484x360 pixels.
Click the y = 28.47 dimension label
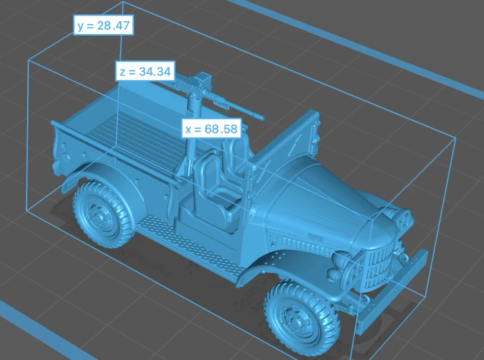103,25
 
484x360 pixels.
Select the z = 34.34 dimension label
145,71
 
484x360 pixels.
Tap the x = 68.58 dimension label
212,128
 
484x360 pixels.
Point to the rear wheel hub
99,216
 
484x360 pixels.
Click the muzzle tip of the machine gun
263,119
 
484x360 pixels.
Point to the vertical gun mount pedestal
192,133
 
